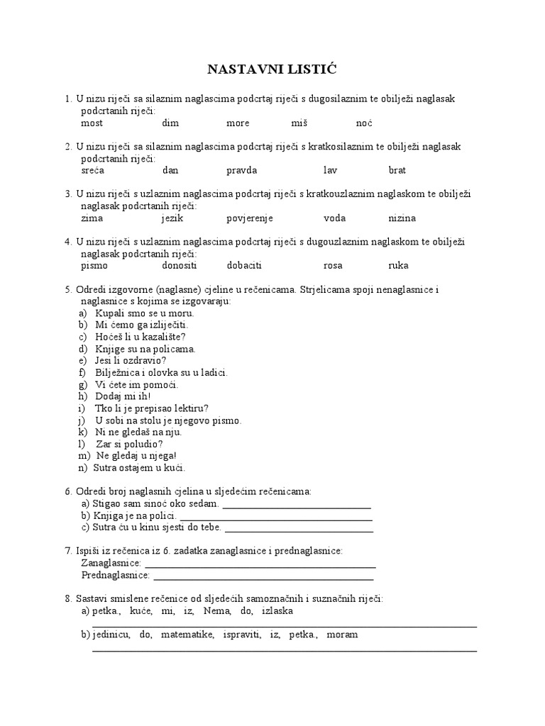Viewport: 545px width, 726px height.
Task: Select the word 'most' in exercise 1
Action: tap(92, 123)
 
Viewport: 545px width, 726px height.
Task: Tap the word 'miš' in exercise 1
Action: tap(299, 123)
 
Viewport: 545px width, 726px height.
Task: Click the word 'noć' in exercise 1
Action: tap(364, 123)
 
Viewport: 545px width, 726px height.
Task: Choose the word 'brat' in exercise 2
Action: tap(397, 171)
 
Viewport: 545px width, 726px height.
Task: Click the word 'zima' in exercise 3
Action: tap(92, 218)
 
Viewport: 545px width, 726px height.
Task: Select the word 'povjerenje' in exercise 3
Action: tap(250, 218)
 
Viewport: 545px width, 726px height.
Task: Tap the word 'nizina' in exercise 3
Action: tap(402, 218)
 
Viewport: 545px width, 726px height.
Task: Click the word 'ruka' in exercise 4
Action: tap(399, 266)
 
